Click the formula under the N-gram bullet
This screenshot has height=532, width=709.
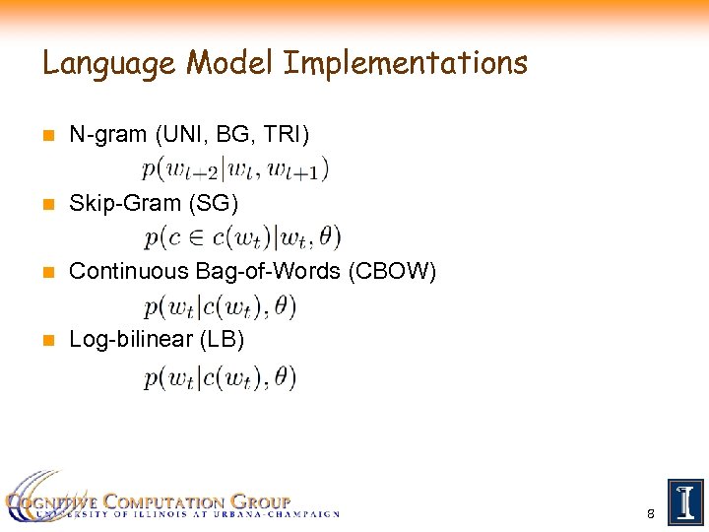235,168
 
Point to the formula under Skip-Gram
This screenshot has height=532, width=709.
242,236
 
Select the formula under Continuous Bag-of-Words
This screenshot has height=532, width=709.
220,306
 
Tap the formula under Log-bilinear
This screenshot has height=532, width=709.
220,376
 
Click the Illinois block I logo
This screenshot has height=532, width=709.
684,502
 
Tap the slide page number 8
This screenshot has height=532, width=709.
651,514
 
